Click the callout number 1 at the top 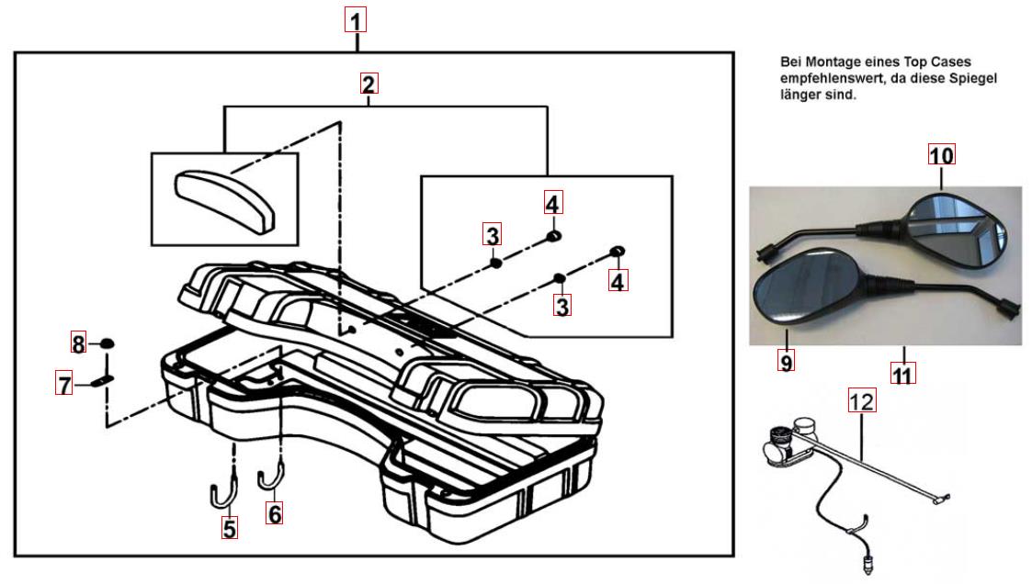[x=357, y=18]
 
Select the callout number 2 [x=369, y=84]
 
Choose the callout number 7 [x=65, y=385]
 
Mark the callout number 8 [x=80, y=344]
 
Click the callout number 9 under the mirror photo [x=787, y=362]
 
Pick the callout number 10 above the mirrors [x=941, y=155]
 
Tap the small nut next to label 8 [x=107, y=344]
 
